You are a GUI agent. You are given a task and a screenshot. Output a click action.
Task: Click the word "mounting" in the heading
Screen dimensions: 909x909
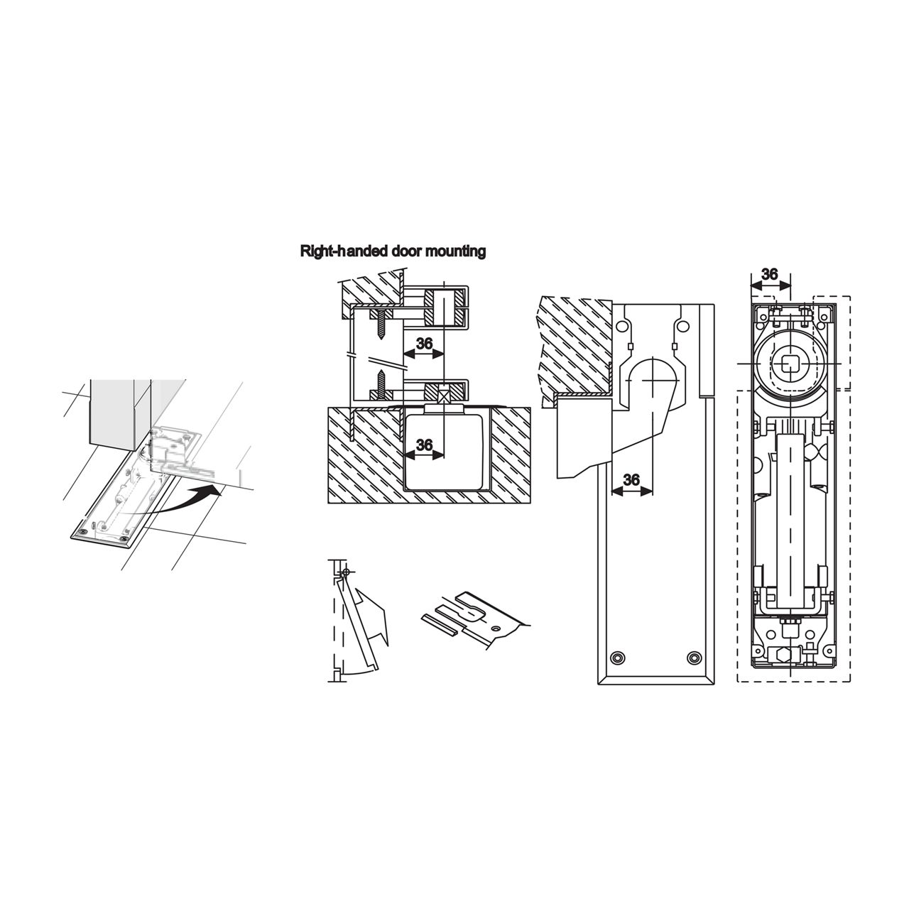pos(455,251)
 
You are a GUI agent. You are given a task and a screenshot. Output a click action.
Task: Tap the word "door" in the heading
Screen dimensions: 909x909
pos(408,251)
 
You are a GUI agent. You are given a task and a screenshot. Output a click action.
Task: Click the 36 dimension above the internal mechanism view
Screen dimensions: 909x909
pos(769,274)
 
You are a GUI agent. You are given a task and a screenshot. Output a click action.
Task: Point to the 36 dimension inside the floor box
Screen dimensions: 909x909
pos(425,445)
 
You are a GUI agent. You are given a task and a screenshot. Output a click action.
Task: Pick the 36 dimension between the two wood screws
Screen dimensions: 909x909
pos(425,344)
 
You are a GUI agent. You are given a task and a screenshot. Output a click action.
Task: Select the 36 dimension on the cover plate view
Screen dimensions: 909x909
pos(631,480)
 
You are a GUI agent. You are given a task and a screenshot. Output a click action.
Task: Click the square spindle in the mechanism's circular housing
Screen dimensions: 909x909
pos(788,364)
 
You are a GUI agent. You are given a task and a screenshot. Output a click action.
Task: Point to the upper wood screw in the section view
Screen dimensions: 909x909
pos(381,328)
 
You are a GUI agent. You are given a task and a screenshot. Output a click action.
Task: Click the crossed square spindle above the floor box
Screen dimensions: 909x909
pos(443,393)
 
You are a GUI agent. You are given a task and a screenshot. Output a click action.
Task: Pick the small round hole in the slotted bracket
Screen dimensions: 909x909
pos(495,628)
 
